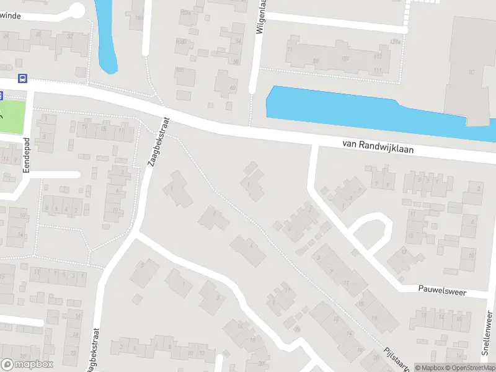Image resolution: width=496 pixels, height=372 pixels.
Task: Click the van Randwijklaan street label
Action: click(x=378, y=146)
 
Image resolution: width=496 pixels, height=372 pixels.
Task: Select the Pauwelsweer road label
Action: click(x=442, y=290)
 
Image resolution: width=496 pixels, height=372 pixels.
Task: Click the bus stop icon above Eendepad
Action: click(x=22, y=78)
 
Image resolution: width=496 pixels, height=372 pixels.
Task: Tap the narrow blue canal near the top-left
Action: click(x=107, y=37)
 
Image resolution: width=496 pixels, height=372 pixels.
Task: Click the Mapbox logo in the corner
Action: click(x=27, y=364)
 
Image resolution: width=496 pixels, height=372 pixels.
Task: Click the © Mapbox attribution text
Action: click(x=429, y=368)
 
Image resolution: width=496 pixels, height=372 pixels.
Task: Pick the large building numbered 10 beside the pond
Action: click(x=471, y=68)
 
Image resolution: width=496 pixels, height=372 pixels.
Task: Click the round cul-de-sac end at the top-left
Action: click(x=76, y=10)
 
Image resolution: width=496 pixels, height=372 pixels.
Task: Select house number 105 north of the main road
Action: click(x=181, y=71)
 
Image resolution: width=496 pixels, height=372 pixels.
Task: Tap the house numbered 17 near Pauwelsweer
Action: click(x=405, y=252)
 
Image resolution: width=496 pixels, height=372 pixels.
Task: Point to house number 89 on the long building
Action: click(x=316, y=60)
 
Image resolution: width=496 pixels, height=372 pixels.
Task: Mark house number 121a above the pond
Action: click(x=395, y=42)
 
